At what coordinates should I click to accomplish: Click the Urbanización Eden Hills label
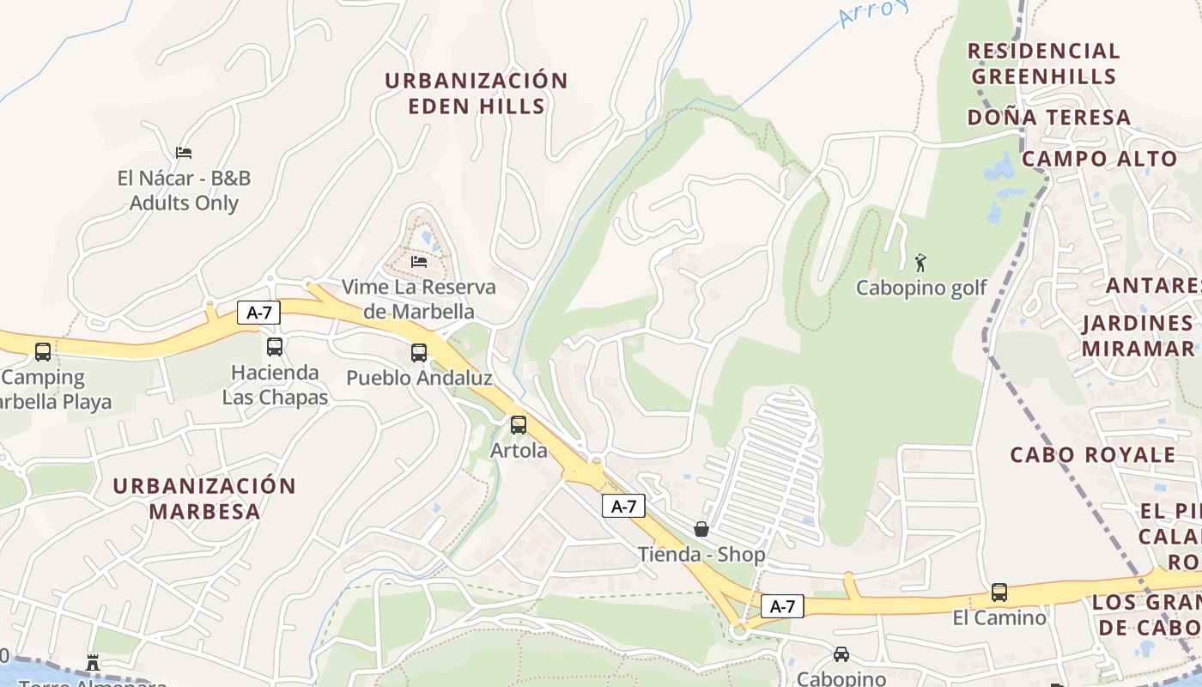tap(476, 94)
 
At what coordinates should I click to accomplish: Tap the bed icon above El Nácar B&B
tap(183, 153)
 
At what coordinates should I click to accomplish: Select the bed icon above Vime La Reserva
tap(419, 261)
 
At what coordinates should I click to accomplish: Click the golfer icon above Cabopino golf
tap(920, 262)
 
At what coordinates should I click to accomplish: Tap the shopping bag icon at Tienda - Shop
tap(701, 529)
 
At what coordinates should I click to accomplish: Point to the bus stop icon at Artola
tap(519, 425)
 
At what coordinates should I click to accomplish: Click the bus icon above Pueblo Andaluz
tap(419, 353)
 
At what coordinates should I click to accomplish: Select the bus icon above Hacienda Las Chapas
tap(275, 347)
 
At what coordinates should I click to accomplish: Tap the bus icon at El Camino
tap(999, 593)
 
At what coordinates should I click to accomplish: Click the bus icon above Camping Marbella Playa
tap(43, 352)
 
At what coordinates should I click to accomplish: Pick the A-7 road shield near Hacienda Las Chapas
tap(258, 313)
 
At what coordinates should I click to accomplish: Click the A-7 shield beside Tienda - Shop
tap(623, 507)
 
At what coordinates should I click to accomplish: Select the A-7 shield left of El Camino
tap(782, 606)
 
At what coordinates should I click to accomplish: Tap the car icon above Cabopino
tap(841, 654)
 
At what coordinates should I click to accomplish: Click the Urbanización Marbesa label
tap(204, 498)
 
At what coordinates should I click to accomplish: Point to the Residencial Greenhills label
tap(1043, 64)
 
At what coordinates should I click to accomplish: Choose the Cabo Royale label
tap(1092, 455)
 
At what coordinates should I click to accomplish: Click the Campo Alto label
tap(1099, 159)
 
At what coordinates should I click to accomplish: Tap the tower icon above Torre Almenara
tap(93, 663)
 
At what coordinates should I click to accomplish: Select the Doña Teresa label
tap(1049, 118)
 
